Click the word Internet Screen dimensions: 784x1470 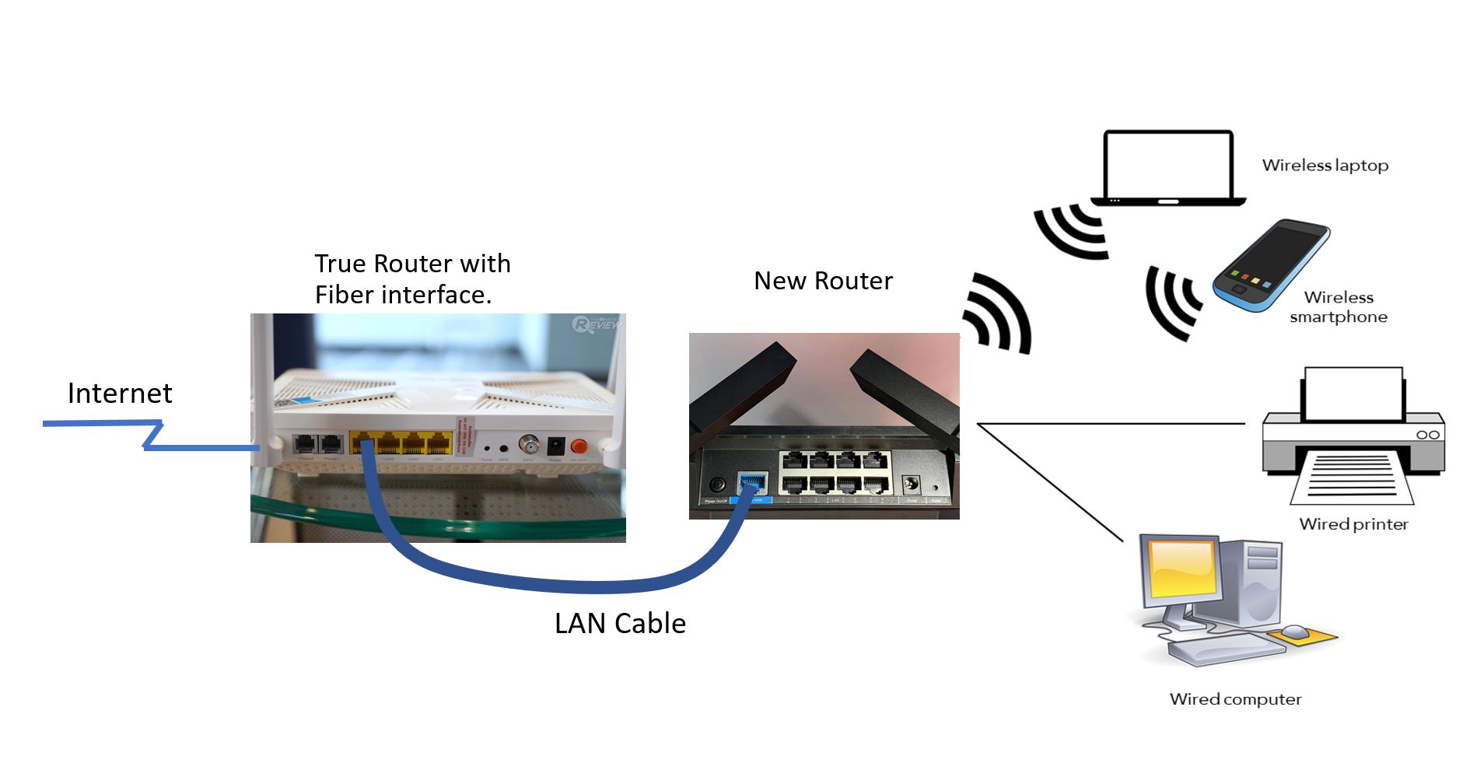click(x=120, y=394)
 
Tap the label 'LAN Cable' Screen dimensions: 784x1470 click(x=620, y=624)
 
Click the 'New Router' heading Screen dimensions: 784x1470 click(x=823, y=281)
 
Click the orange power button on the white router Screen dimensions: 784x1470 click(x=578, y=446)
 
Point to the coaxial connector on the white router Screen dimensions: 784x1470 click(x=529, y=445)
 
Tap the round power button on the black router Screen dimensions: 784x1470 click(x=716, y=485)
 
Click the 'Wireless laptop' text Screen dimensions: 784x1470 click(x=1325, y=166)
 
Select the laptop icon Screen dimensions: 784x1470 click(x=1168, y=168)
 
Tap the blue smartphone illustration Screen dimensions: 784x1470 click(x=1271, y=266)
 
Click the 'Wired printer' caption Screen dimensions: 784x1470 click(x=1353, y=524)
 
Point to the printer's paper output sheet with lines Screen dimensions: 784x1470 click(x=1352, y=475)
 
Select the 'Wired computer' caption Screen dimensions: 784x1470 click(x=1235, y=699)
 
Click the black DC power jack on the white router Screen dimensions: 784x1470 click(x=555, y=446)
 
